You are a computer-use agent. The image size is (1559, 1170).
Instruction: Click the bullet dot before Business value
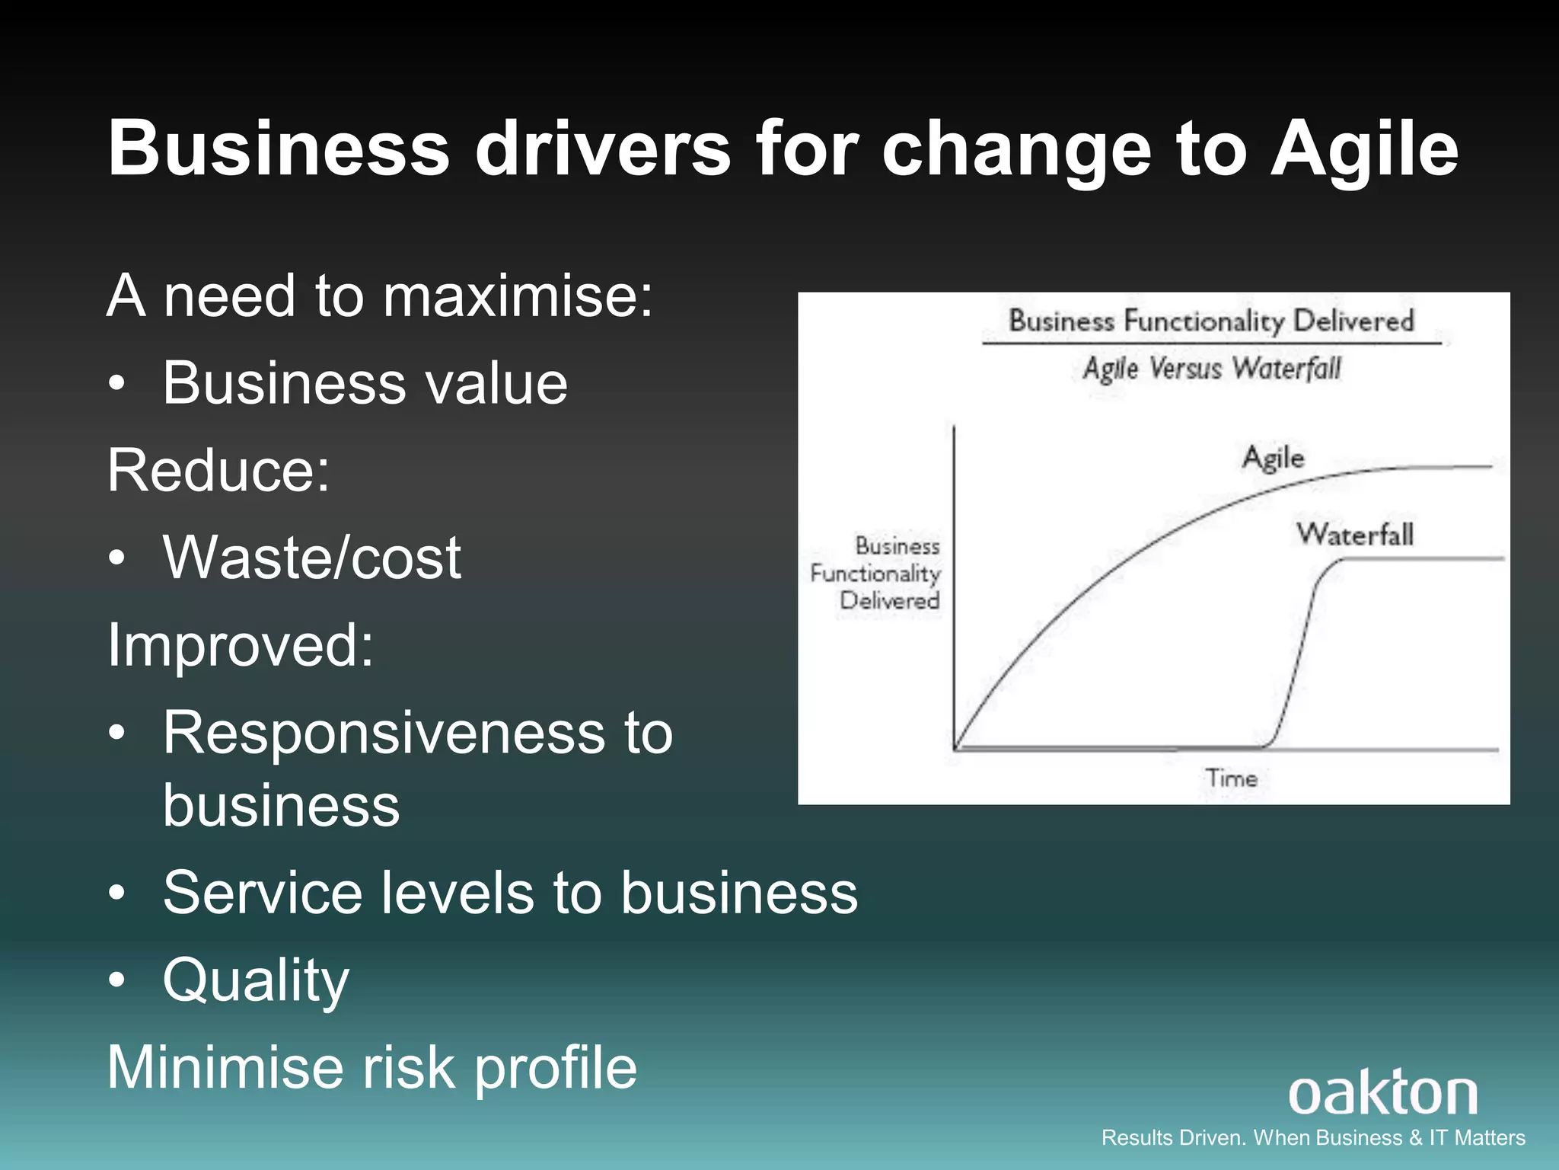pos(116,385)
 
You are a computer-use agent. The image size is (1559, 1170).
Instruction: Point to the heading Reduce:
pos(218,470)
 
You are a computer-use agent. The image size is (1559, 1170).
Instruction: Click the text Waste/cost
pos(311,558)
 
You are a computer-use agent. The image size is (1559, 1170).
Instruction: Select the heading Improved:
pos(241,645)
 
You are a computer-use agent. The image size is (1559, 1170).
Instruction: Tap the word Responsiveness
pos(384,733)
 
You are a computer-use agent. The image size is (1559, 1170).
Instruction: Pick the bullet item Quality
pos(256,980)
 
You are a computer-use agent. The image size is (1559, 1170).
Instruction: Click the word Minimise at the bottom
pos(225,1068)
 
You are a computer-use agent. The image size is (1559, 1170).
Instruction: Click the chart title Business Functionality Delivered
pos(1211,321)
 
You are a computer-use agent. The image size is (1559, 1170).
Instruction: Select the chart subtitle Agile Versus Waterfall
pos(1211,369)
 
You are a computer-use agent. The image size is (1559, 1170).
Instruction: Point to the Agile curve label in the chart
pos(1273,458)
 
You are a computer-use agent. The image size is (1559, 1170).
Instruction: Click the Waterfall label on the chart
pos(1355,534)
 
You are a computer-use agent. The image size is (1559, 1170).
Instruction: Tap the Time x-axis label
pos(1231,778)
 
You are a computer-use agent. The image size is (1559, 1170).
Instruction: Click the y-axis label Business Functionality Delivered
pos(875,573)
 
